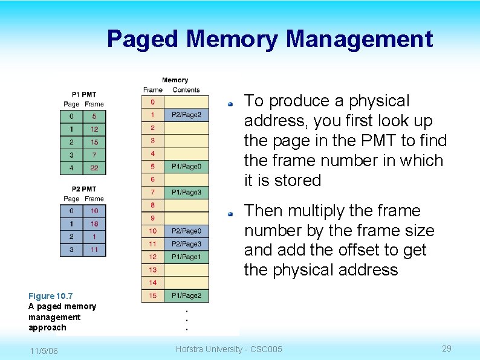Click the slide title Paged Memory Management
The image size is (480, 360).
click(270, 40)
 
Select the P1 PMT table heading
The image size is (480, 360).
click(83, 94)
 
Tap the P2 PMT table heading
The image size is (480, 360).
click(83, 189)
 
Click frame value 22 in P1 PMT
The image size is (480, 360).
click(94, 167)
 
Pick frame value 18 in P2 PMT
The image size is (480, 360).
click(94, 223)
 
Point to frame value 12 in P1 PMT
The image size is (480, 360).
click(94, 129)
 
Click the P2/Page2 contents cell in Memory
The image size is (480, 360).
click(186, 115)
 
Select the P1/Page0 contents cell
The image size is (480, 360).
click(186, 166)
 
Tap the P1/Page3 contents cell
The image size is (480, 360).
click(186, 192)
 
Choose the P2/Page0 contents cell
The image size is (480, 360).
click(186, 231)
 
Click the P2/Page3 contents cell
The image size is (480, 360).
click(186, 244)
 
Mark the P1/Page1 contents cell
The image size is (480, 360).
click(186, 257)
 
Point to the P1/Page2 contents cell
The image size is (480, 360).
click(186, 295)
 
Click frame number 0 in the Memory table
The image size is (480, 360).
click(153, 102)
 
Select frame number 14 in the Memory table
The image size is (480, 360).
click(153, 282)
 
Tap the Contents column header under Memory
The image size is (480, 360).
click(186, 90)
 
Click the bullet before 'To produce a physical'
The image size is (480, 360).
click(230, 104)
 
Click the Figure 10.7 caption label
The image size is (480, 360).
click(50, 296)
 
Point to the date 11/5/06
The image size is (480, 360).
click(43, 351)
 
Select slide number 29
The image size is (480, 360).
click(447, 349)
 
